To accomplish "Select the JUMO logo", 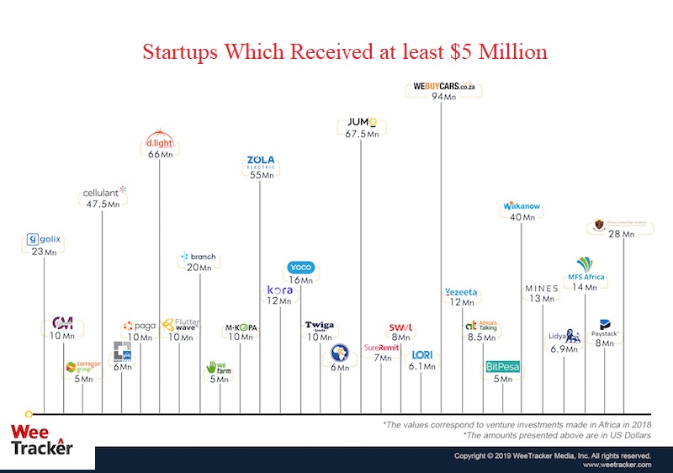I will [363, 122].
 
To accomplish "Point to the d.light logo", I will [159, 141].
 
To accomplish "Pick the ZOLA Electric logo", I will [261, 162].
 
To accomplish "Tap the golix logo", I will [44, 240].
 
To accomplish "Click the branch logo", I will [199, 257].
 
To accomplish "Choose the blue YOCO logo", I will [300, 268].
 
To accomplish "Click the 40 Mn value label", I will [522, 217].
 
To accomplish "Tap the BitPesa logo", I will [503, 367].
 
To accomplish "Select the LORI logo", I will [421, 354].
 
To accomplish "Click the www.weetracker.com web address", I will [617, 465].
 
